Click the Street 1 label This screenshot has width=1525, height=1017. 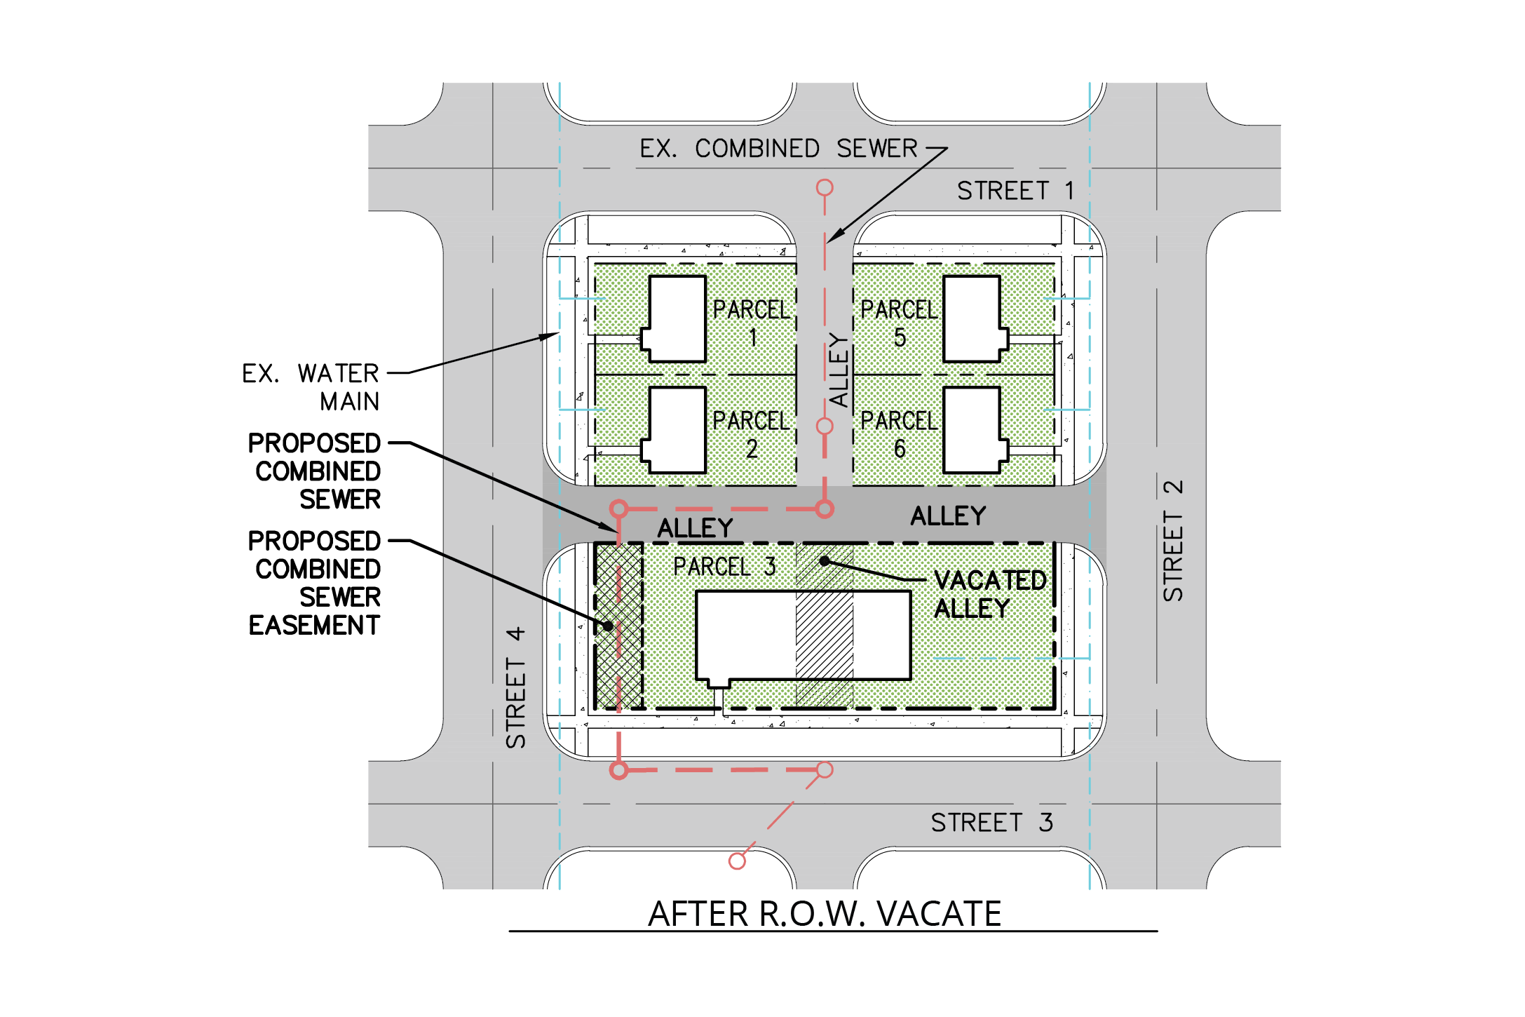[1015, 191]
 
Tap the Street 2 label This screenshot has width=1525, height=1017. [1173, 540]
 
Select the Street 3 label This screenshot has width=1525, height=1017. [991, 822]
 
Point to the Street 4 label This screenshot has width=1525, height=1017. [516, 687]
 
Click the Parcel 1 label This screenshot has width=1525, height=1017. [752, 323]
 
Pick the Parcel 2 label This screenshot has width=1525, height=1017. [752, 434]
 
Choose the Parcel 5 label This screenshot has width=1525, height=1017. [900, 323]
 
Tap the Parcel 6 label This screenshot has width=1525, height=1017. [900, 434]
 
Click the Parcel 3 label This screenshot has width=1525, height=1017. [724, 567]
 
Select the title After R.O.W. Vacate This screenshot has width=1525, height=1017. [825, 914]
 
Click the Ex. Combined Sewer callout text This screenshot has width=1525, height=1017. [778, 149]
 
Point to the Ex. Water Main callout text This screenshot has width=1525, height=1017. [311, 387]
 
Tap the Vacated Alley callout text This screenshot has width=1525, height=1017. [990, 594]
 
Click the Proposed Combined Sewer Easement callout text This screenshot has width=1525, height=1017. [314, 583]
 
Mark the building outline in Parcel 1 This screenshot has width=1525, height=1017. [674, 319]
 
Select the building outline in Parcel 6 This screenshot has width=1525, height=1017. [975, 430]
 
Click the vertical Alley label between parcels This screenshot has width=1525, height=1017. [839, 370]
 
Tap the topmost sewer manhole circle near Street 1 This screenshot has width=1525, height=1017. [825, 187]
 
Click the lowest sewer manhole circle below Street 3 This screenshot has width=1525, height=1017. [737, 861]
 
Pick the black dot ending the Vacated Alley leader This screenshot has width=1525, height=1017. [825, 560]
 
